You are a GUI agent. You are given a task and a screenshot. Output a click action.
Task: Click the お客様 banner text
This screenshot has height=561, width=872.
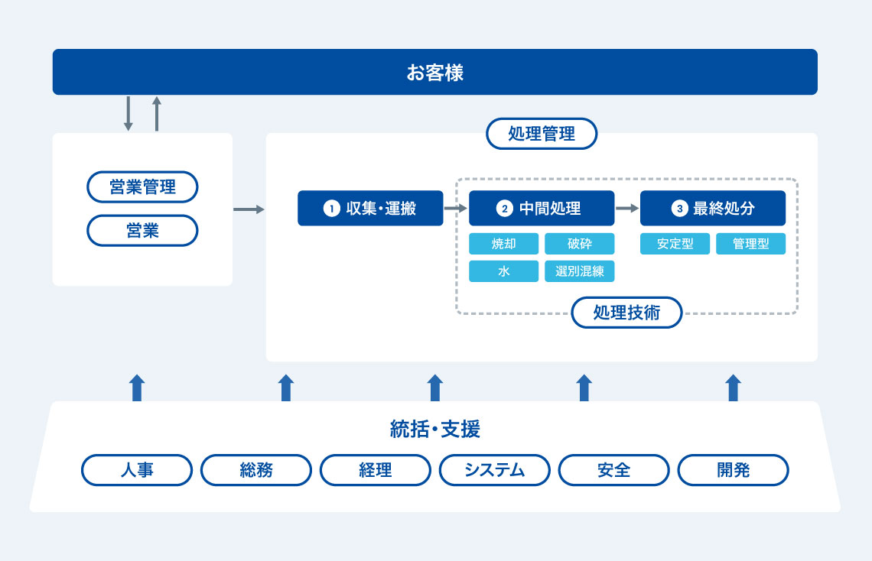pos(434,73)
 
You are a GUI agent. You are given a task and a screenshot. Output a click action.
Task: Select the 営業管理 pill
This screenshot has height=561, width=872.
pos(142,186)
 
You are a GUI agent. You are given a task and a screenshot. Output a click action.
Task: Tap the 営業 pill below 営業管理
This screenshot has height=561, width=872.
pos(142,230)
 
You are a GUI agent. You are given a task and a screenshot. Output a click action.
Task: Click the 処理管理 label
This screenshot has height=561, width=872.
pos(542,134)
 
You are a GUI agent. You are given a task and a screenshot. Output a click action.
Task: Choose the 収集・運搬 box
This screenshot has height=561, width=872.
pos(370,208)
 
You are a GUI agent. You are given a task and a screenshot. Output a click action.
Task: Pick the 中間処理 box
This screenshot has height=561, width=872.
pos(542,208)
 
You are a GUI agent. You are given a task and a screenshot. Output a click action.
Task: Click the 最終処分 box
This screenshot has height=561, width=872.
pos(713,208)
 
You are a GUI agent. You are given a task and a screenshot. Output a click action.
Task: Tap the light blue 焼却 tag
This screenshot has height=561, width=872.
pos(503,244)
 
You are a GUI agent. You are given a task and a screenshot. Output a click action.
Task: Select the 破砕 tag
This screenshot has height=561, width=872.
pos(579,244)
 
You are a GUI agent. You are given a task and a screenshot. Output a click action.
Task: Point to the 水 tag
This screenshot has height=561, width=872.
pos(503,271)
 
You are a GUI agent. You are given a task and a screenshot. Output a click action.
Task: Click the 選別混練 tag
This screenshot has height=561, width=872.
pos(579,271)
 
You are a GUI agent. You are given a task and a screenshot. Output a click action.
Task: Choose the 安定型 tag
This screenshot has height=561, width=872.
pos(675,244)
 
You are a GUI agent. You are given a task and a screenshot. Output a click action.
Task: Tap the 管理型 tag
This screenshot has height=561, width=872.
pos(750,244)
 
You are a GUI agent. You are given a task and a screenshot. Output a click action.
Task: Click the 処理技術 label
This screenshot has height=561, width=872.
pos(626,312)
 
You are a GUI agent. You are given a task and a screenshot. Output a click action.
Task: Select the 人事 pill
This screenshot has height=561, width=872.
pos(137,470)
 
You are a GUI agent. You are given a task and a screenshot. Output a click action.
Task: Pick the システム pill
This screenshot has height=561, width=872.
pos(494,470)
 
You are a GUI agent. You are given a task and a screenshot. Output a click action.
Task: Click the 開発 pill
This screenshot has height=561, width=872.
pos(733,470)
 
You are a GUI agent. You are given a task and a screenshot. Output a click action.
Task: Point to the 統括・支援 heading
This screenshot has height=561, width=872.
pos(434,430)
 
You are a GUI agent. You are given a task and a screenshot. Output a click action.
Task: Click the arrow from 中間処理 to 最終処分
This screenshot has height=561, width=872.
pos(627,207)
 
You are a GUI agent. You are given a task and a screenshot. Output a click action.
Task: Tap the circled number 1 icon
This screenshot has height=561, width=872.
pos(331,208)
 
